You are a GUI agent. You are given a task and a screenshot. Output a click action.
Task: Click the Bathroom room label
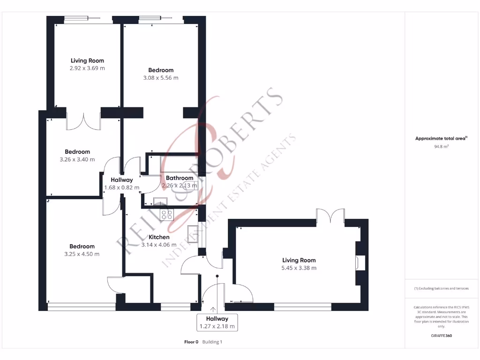[x=180, y=178]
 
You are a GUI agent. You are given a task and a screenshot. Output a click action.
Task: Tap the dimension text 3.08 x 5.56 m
[x=161, y=78]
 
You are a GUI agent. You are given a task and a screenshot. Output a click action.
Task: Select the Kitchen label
[x=159, y=237]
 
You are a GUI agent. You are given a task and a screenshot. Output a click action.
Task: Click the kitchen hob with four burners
[x=166, y=215]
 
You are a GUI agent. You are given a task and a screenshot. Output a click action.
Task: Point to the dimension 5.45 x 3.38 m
[x=299, y=268]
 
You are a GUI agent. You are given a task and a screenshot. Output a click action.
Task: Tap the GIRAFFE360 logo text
[x=442, y=336]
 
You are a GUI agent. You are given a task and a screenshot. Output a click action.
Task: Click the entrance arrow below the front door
[x=214, y=309]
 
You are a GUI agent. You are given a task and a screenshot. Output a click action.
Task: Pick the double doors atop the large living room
[x=330, y=217]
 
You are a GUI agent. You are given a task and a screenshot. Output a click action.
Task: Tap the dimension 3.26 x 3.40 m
[x=77, y=159]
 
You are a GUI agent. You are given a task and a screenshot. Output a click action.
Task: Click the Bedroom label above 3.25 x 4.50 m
[x=82, y=247]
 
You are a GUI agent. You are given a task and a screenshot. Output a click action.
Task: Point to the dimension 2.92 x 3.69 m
[x=87, y=68]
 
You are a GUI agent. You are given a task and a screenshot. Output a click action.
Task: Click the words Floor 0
[x=191, y=342]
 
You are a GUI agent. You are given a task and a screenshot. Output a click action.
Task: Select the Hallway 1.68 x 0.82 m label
[x=121, y=184]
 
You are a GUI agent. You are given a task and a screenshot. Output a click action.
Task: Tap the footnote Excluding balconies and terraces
[x=441, y=288]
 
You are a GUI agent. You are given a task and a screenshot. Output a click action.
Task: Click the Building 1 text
[x=212, y=342]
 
